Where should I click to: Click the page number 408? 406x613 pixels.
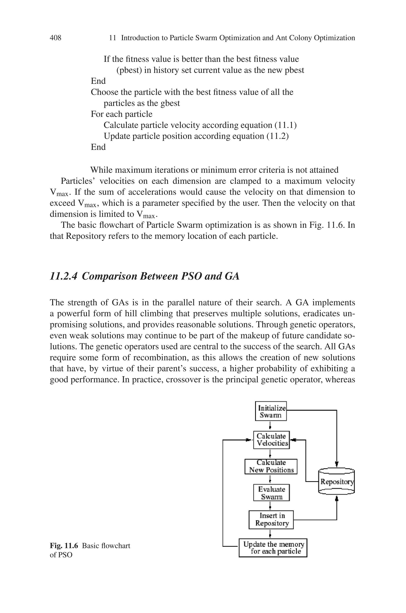56,38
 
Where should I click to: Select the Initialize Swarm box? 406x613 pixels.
271,411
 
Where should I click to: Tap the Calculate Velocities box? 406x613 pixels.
271,440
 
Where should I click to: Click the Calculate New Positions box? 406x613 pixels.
271,466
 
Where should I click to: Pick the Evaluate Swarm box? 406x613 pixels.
271,493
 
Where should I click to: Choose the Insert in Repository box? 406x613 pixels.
271,520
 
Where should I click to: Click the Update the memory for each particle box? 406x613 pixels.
273,548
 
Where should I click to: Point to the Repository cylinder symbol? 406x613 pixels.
336,482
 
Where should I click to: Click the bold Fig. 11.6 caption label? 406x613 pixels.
64,546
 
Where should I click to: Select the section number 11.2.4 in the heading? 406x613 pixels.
63,276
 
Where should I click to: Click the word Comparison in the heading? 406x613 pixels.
109,276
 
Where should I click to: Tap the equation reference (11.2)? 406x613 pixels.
277,136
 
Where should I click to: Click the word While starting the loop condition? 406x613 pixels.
101,170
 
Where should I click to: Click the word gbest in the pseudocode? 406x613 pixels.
170,103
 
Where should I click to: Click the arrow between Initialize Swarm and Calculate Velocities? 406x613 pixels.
270,426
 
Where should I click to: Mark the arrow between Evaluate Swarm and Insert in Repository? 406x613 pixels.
270,506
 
